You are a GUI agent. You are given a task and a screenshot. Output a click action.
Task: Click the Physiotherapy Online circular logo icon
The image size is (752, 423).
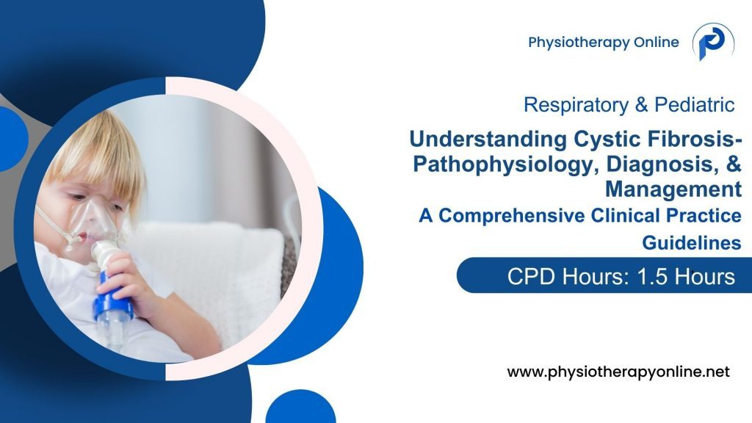point(713,43)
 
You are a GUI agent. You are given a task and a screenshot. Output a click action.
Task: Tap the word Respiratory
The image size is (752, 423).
point(570,105)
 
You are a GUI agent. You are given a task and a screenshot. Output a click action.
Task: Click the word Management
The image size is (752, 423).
point(673,189)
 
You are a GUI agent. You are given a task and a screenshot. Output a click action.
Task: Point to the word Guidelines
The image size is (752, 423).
point(691,242)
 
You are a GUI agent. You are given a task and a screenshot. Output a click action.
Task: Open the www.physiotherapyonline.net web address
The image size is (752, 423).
point(618,372)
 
